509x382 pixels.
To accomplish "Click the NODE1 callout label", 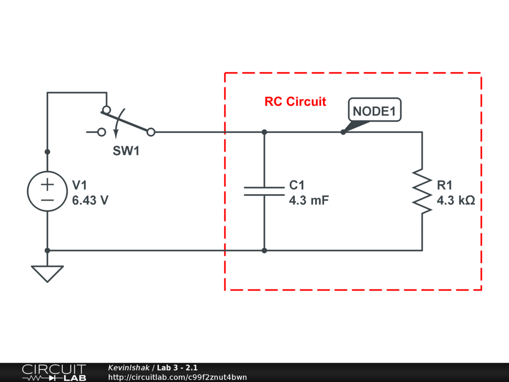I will pyautogui.click(x=374, y=111).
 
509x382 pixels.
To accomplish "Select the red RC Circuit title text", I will pyautogui.click(x=295, y=101).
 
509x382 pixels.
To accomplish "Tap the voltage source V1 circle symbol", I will pyautogui.click(x=47, y=191).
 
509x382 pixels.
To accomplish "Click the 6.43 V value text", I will pyautogui.click(x=90, y=200).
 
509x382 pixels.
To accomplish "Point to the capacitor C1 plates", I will pyautogui.click(x=264, y=191).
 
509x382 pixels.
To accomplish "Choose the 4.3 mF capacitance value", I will pyautogui.click(x=309, y=200).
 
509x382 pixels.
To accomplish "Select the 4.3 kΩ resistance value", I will pyautogui.click(x=456, y=200).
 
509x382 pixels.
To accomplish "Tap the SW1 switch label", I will pyautogui.click(x=126, y=151).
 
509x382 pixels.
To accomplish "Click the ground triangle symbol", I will pyautogui.click(x=47, y=273).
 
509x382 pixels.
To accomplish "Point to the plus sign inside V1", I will pyautogui.click(x=47, y=185).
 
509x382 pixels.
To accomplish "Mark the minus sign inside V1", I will pyautogui.click(x=47, y=199).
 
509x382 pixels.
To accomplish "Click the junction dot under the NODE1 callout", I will pyautogui.click(x=343, y=132).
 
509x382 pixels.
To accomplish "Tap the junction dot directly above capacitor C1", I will pyautogui.click(x=264, y=132).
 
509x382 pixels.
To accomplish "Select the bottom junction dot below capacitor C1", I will pyautogui.click(x=264, y=250).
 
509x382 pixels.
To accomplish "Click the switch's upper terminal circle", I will pyautogui.click(x=106, y=109).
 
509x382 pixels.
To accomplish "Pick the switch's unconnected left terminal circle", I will pyautogui.click(x=101, y=132).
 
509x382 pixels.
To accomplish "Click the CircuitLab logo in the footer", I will pyautogui.click(x=54, y=373).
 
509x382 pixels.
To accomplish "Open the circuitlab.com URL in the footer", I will pyautogui.click(x=177, y=377).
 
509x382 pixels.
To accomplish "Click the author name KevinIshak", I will pyautogui.click(x=129, y=368).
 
